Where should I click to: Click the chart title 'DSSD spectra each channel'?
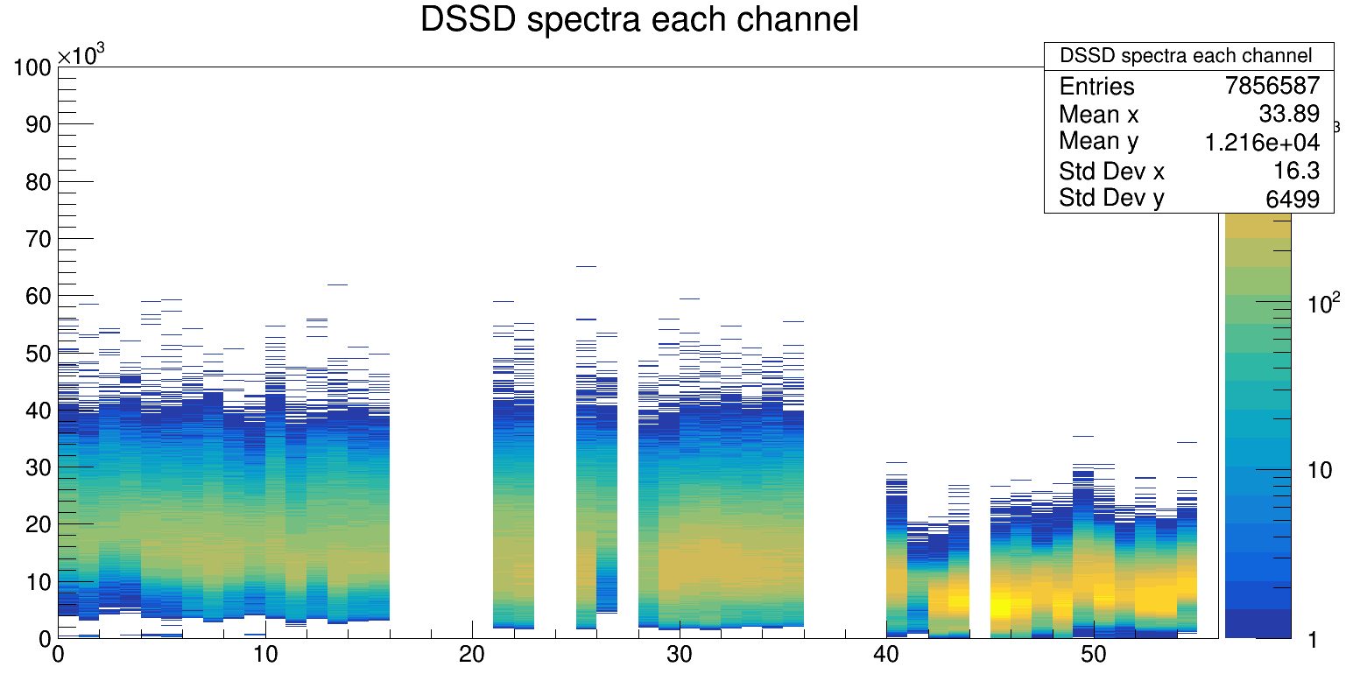pos(639,19)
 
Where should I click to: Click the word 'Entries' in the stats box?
pos(1096,87)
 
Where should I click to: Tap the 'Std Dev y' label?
pos(1111,198)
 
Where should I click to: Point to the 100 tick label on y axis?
pos(32,67)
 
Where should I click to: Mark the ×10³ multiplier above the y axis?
pos(81,55)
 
